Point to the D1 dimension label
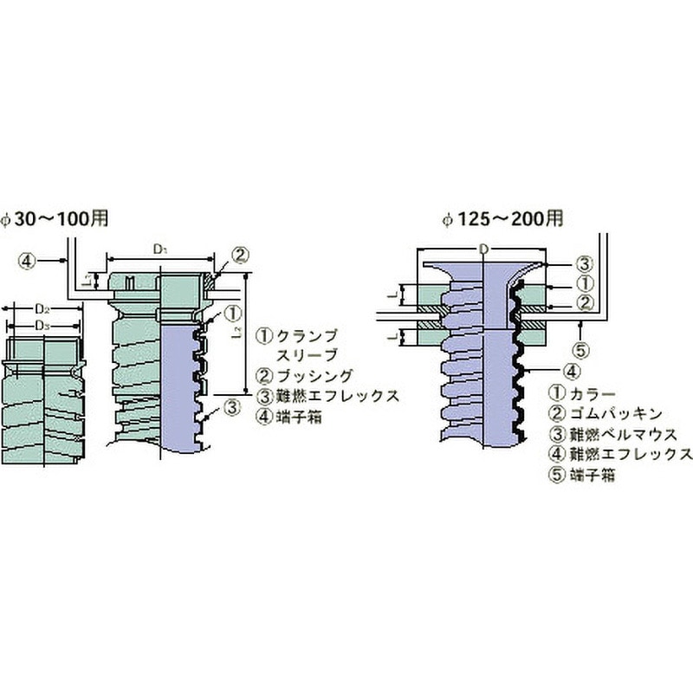[x=159, y=249]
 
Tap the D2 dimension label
[x=41, y=309]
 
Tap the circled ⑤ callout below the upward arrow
[x=583, y=350]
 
